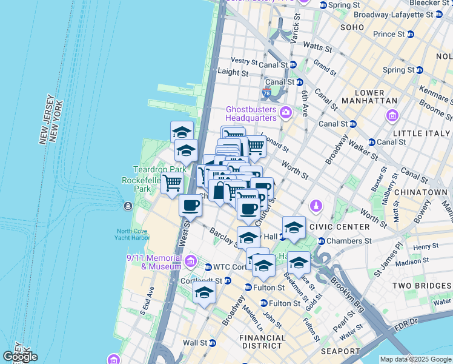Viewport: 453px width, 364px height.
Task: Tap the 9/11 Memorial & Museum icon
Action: point(191,261)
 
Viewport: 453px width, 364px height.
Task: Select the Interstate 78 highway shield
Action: point(267,93)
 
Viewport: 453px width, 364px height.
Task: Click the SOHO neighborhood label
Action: point(352,28)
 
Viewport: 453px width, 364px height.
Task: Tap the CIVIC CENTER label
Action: point(339,227)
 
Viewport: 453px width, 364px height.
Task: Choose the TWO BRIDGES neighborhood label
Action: point(422,286)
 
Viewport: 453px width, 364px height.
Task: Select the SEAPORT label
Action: point(341,351)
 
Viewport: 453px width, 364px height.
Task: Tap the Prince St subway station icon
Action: point(410,34)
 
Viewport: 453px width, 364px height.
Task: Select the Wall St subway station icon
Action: point(216,343)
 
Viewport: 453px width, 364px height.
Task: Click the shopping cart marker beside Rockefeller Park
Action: point(172,181)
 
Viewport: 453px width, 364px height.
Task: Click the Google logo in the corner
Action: point(20,357)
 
